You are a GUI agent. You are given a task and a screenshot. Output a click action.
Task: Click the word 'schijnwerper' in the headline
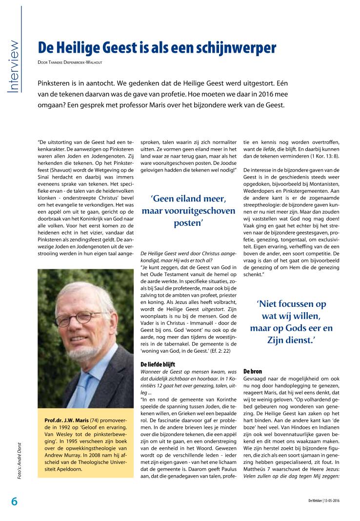pos(233,48)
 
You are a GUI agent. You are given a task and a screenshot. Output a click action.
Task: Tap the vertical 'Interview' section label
pos(11,66)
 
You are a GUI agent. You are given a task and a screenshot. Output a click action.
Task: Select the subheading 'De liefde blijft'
pos(158,364)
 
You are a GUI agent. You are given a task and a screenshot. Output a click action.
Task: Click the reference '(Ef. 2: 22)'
pos(214,350)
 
